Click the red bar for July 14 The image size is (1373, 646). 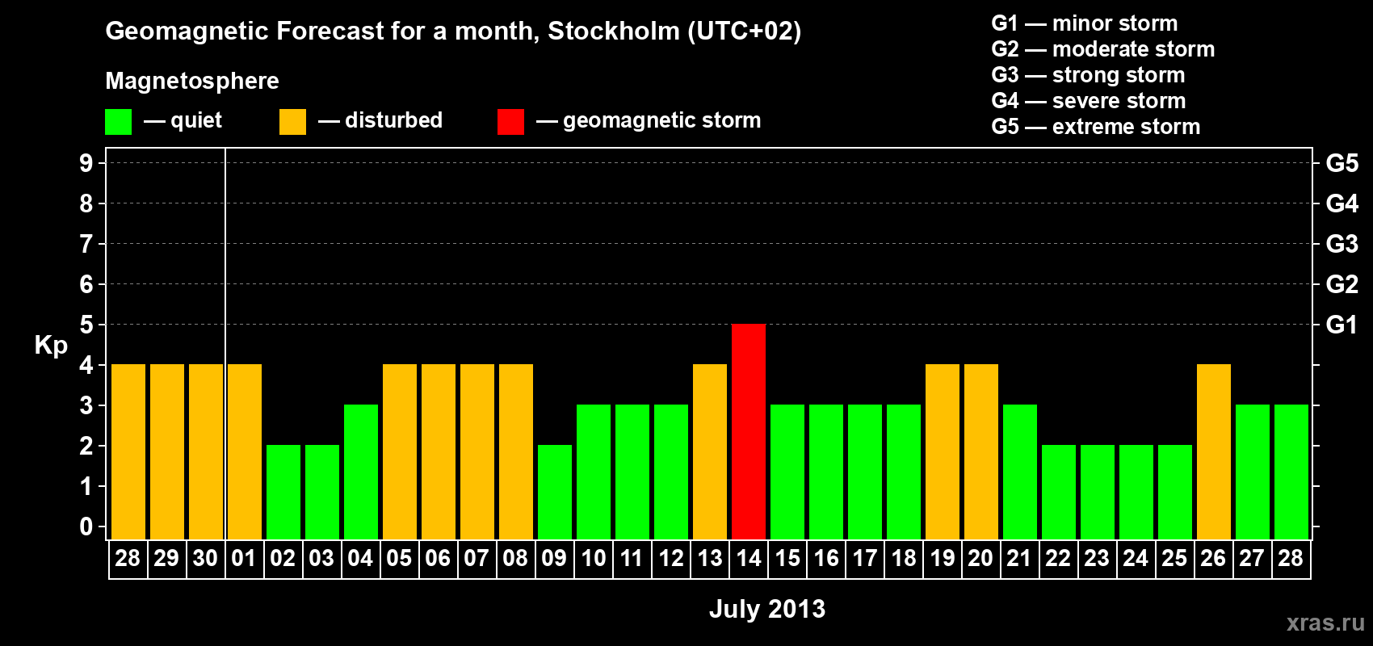click(x=749, y=431)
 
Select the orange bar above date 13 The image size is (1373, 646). click(x=710, y=451)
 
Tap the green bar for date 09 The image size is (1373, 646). click(x=555, y=492)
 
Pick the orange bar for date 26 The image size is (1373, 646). click(x=1214, y=451)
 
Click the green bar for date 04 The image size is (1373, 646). click(x=361, y=472)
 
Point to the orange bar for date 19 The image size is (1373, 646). click(x=943, y=451)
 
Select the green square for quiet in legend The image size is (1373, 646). click(x=119, y=122)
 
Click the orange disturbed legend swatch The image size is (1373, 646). click(x=292, y=122)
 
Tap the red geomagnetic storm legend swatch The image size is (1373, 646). click(x=510, y=122)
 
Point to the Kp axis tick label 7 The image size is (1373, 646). click(x=86, y=244)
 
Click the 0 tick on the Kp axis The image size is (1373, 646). click(x=86, y=527)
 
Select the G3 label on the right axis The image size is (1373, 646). click(x=1342, y=244)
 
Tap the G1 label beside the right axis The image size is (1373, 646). click(x=1342, y=325)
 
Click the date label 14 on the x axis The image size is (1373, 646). click(x=749, y=559)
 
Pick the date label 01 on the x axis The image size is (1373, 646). click(x=244, y=559)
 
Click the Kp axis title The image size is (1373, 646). click(x=51, y=346)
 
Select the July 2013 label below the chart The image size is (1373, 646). click(x=767, y=609)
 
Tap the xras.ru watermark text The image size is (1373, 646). click(x=1325, y=623)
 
